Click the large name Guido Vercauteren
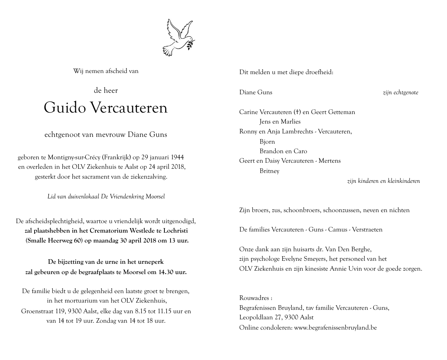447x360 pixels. coord(106,108)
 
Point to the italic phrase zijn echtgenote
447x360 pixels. coord(400,93)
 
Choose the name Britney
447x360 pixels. coord(269,171)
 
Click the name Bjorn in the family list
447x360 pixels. coord(267,142)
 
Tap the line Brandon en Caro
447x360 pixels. coord(283,151)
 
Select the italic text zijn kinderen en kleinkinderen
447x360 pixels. coord(383,181)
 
